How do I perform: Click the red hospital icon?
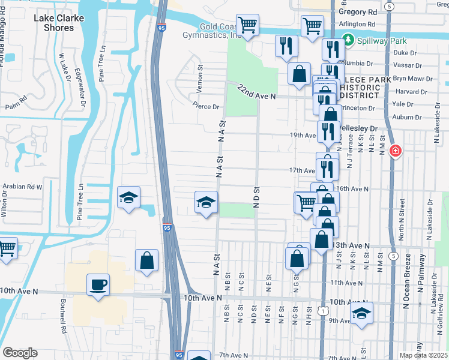pyautogui.click(x=395, y=151)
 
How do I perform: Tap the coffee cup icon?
pyautogui.click(x=98, y=284)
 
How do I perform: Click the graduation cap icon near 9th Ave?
pyautogui.click(x=361, y=313)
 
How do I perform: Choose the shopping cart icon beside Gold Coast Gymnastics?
pyautogui.click(x=247, y=25)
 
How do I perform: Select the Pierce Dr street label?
pyautogui.click(x=205, y=106)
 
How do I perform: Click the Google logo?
pyautogui.click(x=20, y=353)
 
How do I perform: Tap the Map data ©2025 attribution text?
pyautogui.click(x=423, y=355)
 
